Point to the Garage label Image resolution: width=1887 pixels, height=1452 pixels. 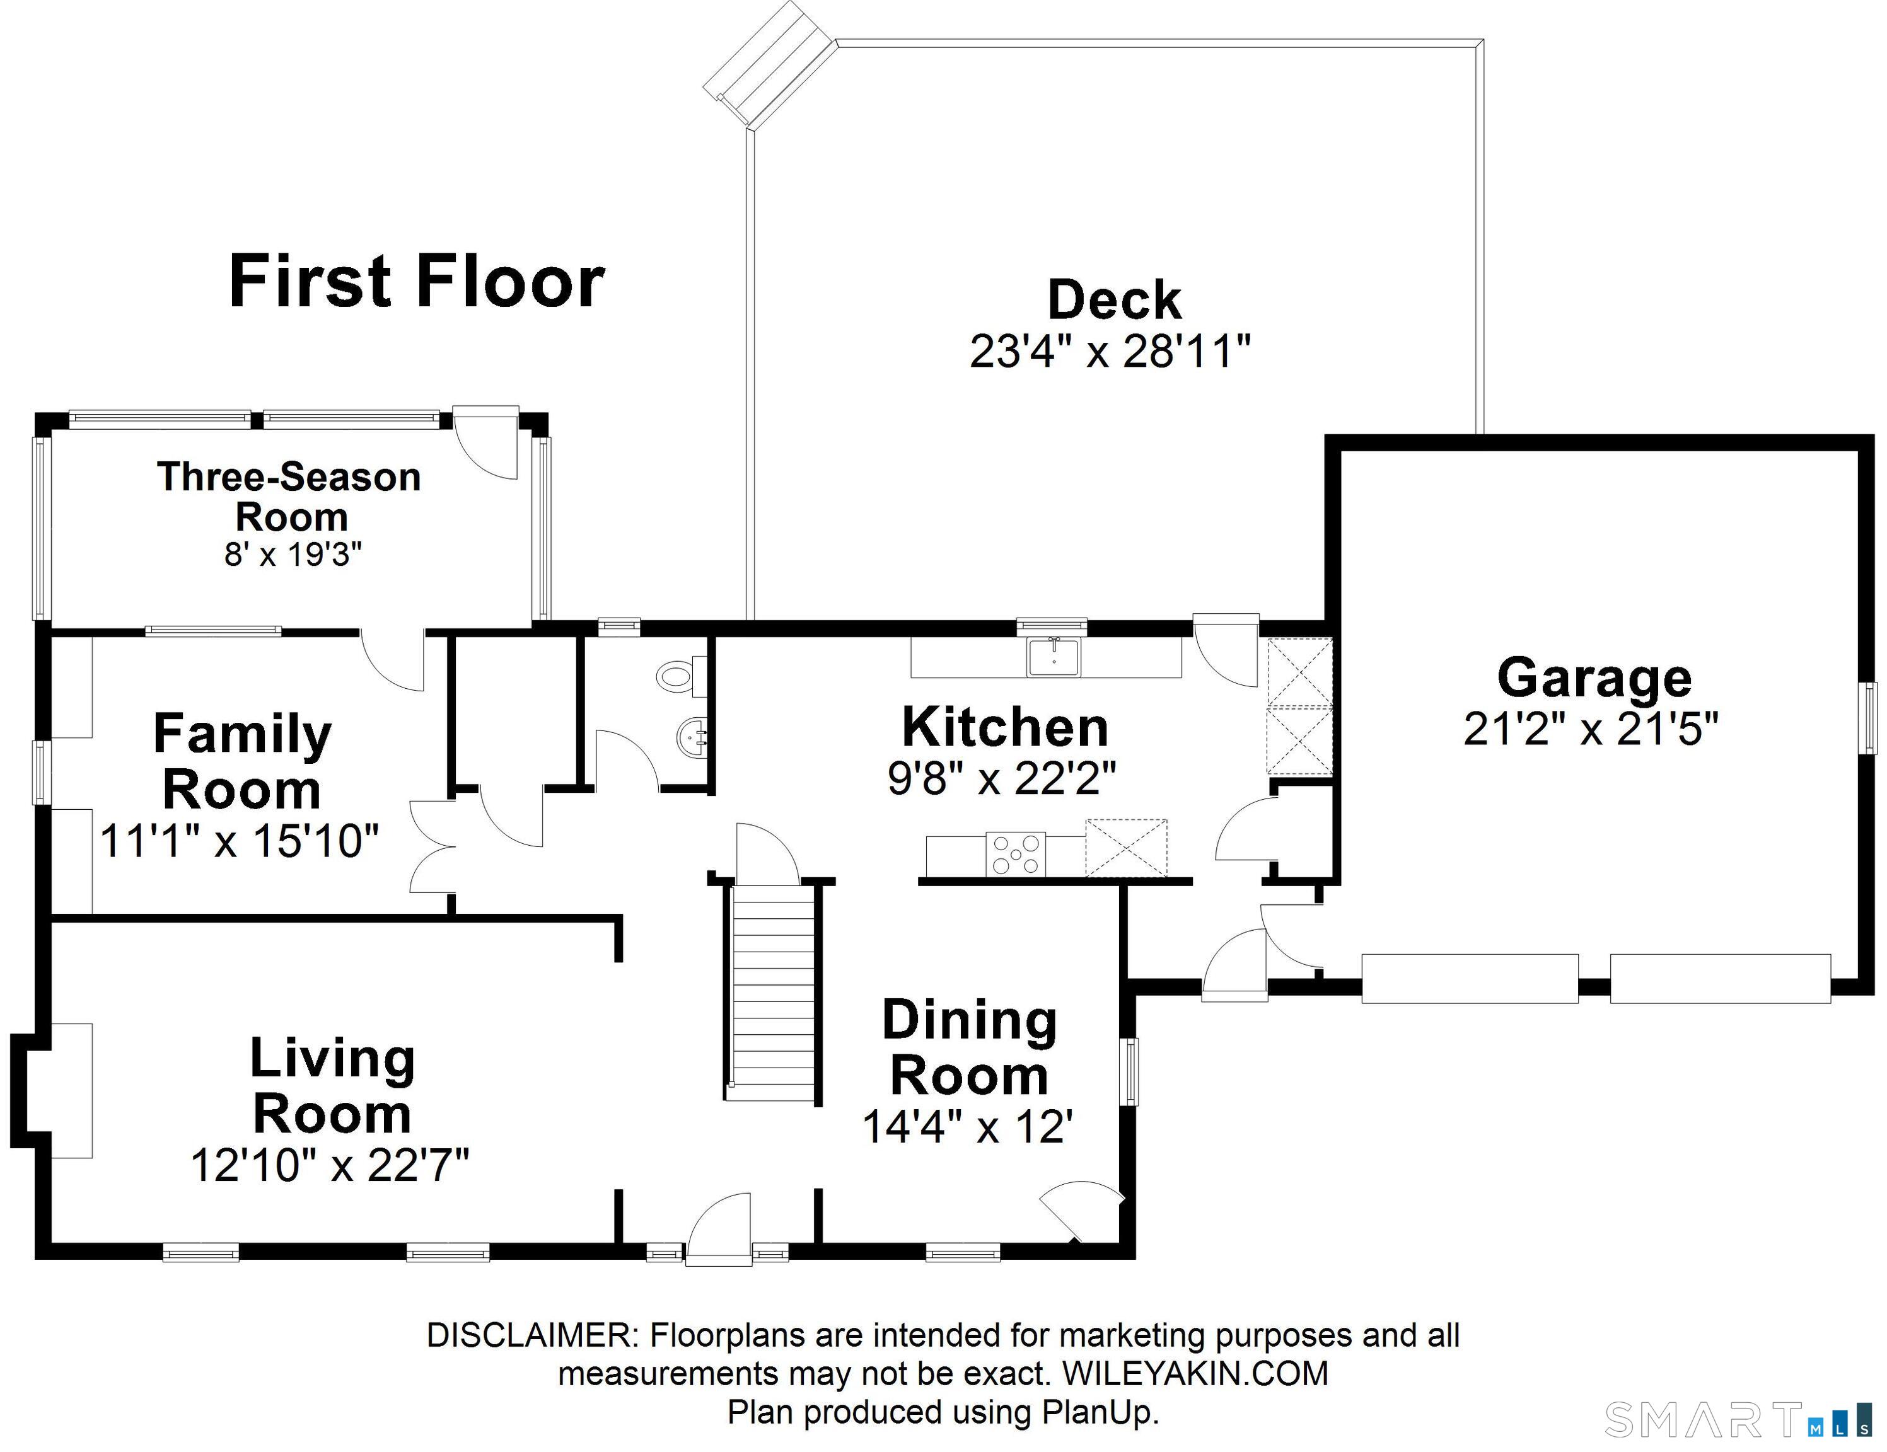pos(1594,678)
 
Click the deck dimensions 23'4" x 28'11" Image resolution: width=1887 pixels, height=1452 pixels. pos(1110,352)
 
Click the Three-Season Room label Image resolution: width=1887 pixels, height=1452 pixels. pos(289,497)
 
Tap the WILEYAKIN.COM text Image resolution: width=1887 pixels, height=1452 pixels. pos(1195,1373)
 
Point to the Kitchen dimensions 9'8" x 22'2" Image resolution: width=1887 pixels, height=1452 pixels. pos(1002,778)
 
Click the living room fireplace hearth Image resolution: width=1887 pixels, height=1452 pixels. pos(72,1090)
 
